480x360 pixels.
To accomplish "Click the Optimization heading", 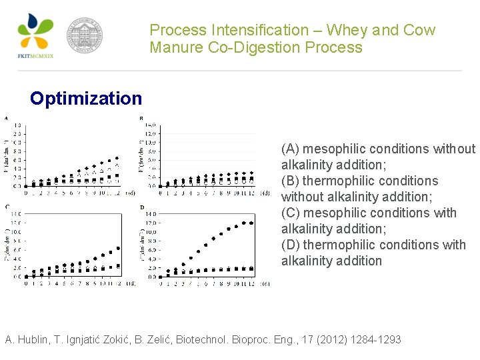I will (86, 99).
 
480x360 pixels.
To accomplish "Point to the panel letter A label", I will (7, 119).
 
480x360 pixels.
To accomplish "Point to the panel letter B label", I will (141, 119).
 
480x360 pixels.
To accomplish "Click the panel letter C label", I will (7, 207).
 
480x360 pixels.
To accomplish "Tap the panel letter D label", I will (141, 207).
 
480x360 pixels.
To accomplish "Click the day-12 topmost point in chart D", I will (251, 223).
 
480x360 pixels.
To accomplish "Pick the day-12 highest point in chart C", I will (118, 248).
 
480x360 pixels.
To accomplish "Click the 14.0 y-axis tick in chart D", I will (151, 214).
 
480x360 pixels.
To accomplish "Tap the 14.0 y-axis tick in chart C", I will (15, 214).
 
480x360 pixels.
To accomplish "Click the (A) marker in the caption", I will (291, 149).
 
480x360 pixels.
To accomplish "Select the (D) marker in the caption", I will (291, 245).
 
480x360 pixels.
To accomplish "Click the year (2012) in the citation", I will (323, 340).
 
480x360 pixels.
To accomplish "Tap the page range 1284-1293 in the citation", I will (377, 340).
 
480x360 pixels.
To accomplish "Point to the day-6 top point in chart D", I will (205, 245).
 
